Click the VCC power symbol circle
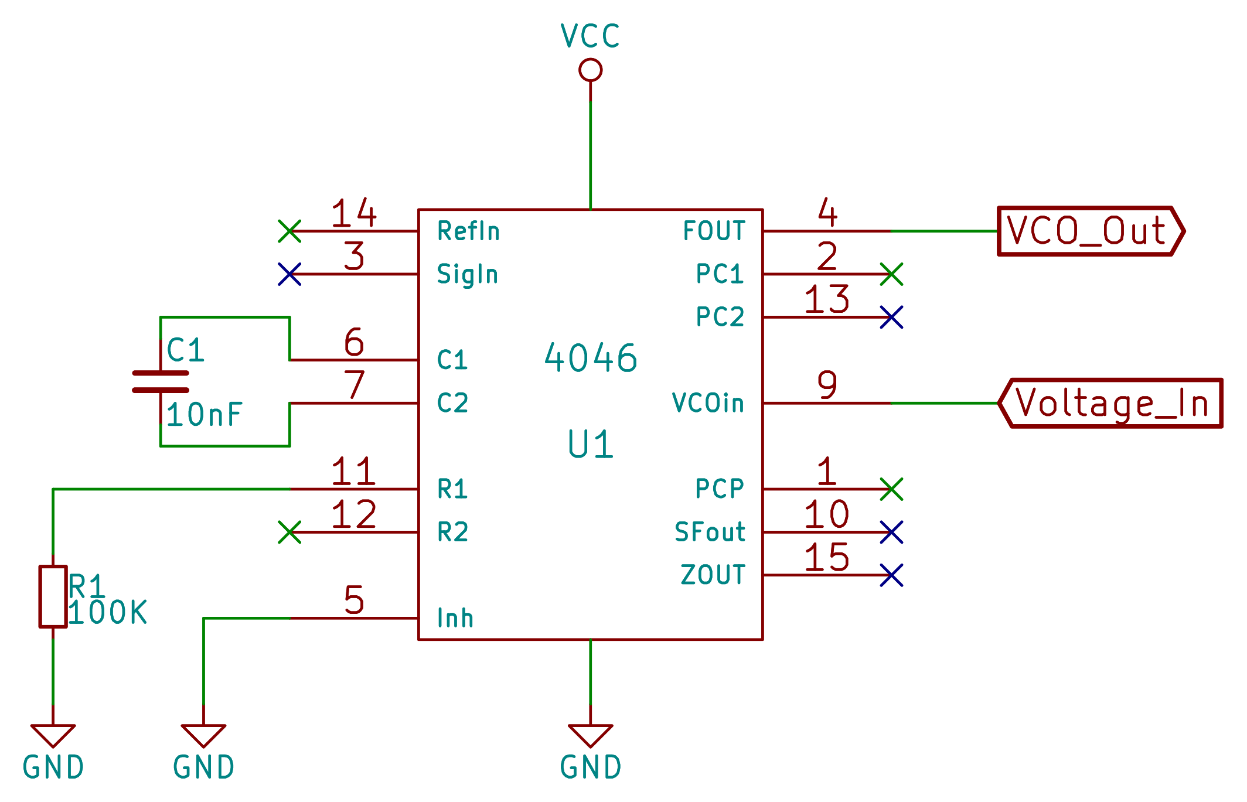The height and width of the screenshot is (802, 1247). (x=590, y=70)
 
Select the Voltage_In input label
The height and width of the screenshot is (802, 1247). (x=1111, y=403)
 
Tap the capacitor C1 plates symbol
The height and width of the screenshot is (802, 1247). (x=160, y=381)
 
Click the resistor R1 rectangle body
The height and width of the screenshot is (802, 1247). (x=53, y=596)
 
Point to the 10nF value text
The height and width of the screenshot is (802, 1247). (x=204, y=415)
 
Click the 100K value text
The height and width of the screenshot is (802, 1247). (x=108, y=613)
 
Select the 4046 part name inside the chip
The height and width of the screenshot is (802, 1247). (x=590, y=358)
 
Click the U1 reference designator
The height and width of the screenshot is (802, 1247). (x=590, y=444)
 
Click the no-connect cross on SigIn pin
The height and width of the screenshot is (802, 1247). (x=289, y=274)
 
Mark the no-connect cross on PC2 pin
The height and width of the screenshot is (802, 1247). (x=891, y=317)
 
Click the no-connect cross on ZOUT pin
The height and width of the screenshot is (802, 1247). (x=891, y=575)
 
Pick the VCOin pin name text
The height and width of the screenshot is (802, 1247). (x=708, y=403)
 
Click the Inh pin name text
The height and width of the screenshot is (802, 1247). (x=455, y=618)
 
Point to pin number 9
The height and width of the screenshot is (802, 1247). (x=827, y=385)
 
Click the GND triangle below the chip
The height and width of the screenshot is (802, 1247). (x=590, y=735)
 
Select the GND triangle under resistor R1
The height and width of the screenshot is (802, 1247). (x=53, y=735)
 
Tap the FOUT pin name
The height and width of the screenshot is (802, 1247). (x=714, y=231)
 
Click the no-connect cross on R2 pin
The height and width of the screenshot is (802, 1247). (x=289, y=532)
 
